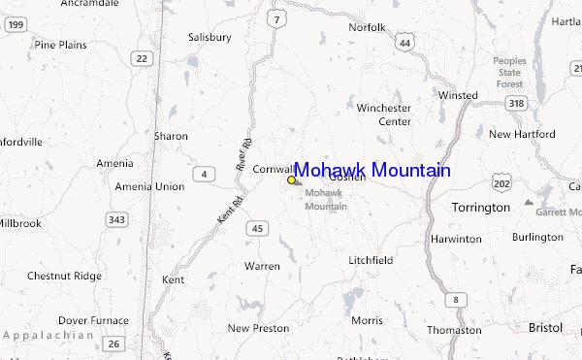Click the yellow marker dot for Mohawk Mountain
point(291,180)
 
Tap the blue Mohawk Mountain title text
point(372,171)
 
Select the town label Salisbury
point(210,38)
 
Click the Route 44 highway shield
point(404,42)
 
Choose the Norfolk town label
point(368,27)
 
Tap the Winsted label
point(458,95)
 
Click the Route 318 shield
point(515,104)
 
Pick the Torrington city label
point(480,208)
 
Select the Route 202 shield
point(501,182)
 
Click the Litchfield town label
point(370,260)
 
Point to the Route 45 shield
point(256,228)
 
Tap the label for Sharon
point(171,137)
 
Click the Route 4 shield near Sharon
point(204,174)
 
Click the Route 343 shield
point(117,220)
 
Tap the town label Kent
point(174,279)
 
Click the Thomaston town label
point(453,330)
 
